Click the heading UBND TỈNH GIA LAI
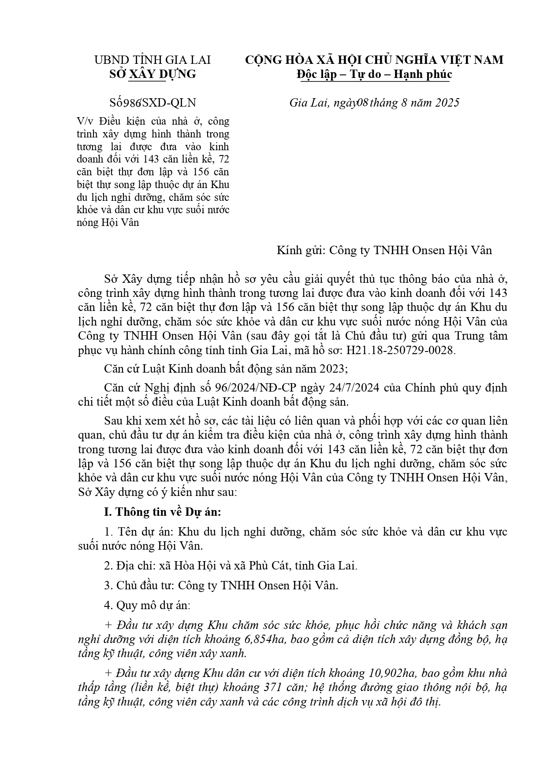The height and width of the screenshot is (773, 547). pyautogui.click(x=153, y=60)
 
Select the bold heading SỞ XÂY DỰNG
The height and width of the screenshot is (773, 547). pyautogui.click(x=153, y=74)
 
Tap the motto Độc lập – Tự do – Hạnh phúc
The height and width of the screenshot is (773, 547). pyautogui.click(x=374, y=74)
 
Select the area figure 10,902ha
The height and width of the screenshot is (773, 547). pyautogui.click(x=394, y=673)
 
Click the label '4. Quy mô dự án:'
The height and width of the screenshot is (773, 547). pyautogui.click(x=147, y=605)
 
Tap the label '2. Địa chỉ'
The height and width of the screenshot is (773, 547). pyautogui.click(x=126, y=566)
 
